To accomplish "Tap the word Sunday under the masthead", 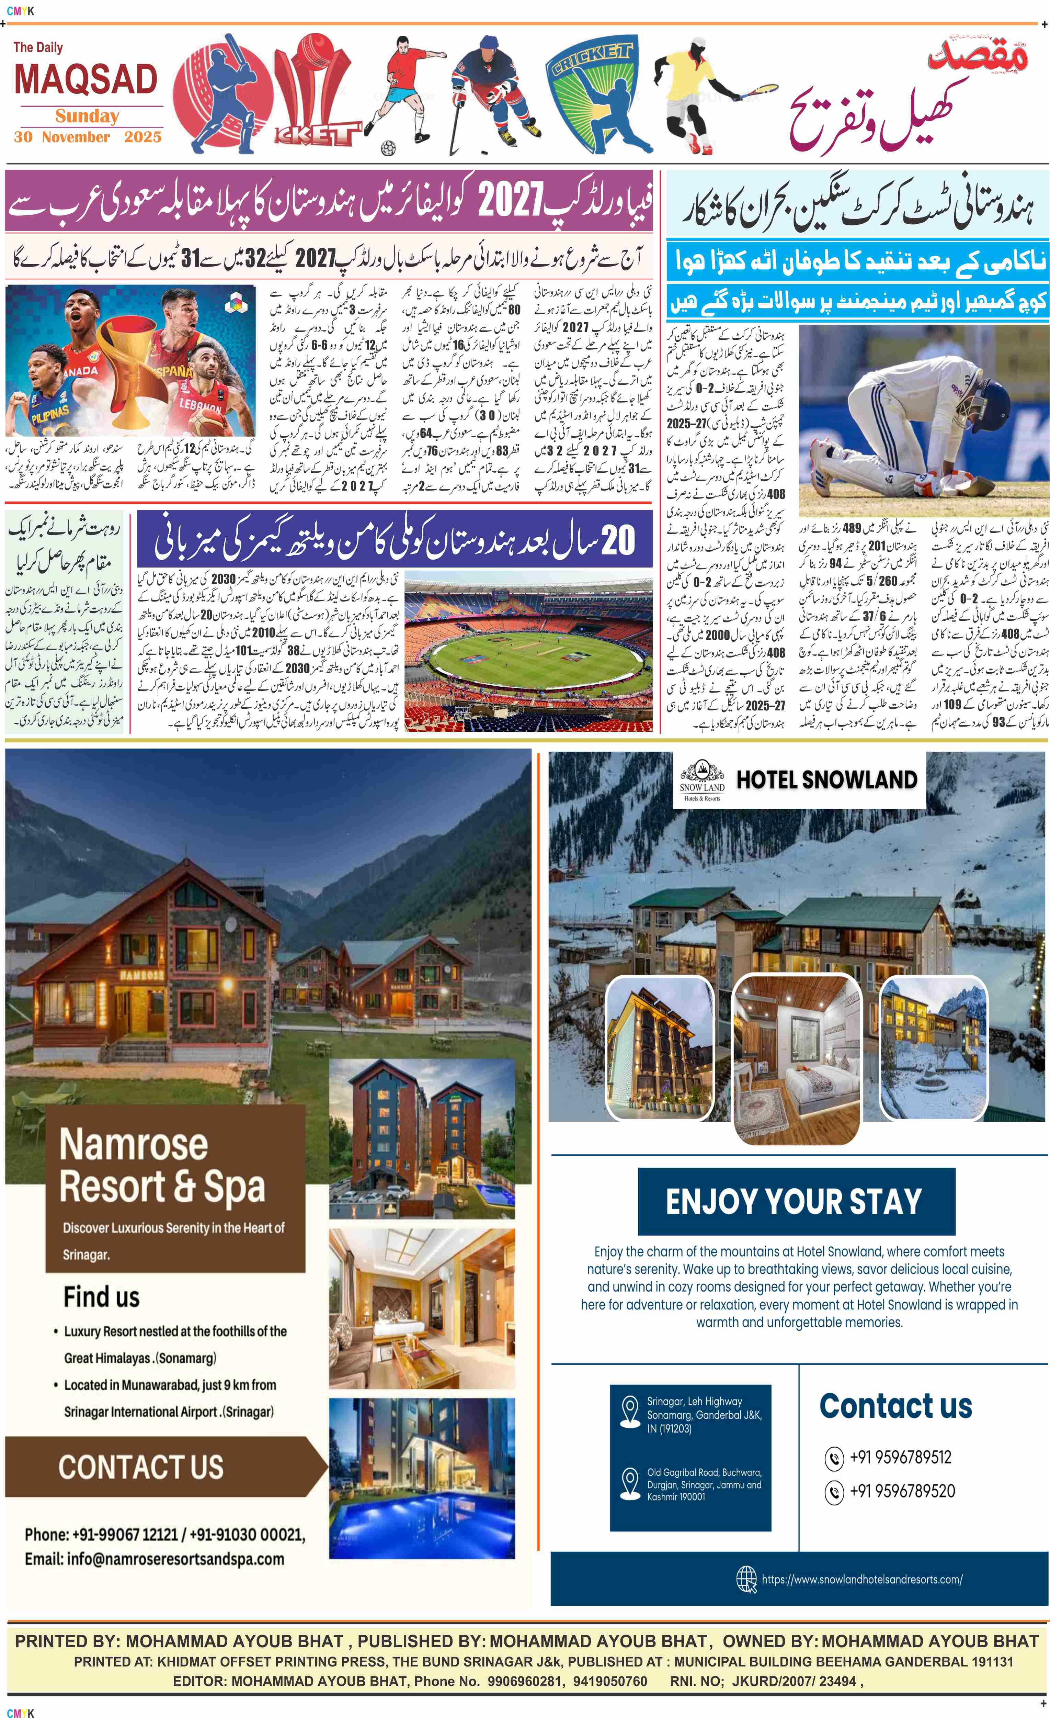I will click(x=87, y=116).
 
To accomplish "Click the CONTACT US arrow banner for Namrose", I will click(x=141, y=1466).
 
